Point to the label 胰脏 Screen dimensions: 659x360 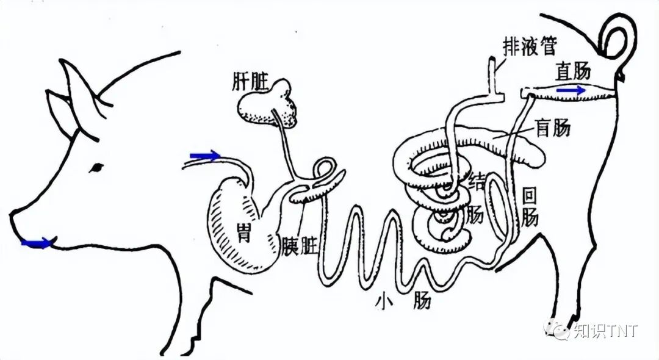[298, 246]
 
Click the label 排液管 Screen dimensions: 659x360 [529, 46]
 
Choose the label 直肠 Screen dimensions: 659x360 [573, 72]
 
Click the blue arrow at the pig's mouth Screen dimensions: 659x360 [37, 243]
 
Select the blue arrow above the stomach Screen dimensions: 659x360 [204, 156]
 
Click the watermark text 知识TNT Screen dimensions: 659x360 [605, 331]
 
